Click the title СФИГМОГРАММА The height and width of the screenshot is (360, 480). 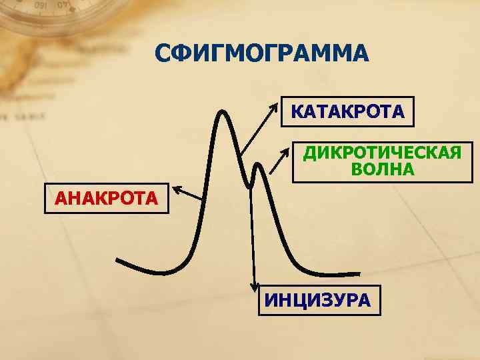point(261,53)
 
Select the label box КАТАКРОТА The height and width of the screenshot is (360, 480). point(347,111)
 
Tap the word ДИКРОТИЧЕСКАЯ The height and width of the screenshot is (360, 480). point(382,154)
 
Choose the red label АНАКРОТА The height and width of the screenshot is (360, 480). point(107,198)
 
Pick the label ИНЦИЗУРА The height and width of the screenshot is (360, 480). point(317,299)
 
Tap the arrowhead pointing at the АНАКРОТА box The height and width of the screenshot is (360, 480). point(177,191)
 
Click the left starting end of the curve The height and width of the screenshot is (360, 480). point(118,259)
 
